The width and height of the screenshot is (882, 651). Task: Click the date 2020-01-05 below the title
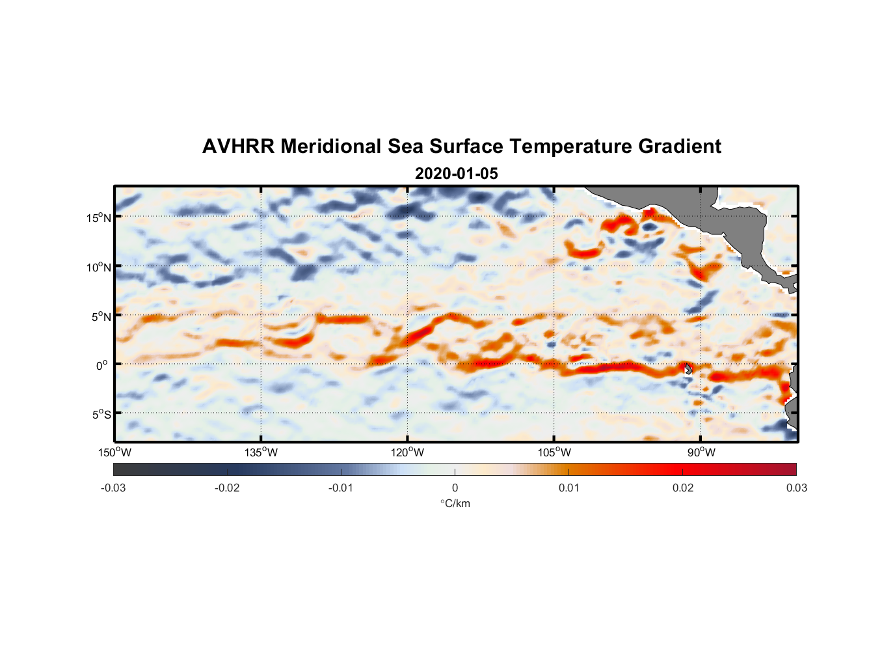(x=456, y=174)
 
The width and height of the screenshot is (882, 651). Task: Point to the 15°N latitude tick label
(x=99, y=217)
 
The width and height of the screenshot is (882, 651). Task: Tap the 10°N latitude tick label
(x=99, y=267)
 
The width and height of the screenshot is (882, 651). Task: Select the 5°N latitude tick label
(x=101, y=316)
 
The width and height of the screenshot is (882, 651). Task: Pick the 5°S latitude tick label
(x=101, y=415)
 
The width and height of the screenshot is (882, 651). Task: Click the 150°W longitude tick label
(x=115, y=452)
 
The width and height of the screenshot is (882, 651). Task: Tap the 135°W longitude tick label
(x=261, y=452)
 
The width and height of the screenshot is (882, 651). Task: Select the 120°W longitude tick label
(x=408, y=452)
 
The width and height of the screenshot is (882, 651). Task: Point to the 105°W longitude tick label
(x=554, y=452)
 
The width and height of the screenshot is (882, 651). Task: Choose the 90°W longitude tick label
(x=701, y=452)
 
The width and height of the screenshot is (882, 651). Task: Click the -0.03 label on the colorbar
(x=113, y=488)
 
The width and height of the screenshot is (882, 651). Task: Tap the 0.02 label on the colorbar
(x=683, y=488)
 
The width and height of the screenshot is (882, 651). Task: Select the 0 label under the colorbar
(x=455, y=488)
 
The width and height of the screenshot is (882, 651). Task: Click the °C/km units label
(x=455, y=503)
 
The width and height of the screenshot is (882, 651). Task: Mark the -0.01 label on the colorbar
(x=341, y=488)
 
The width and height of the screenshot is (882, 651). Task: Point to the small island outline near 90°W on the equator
(x=688, y=368)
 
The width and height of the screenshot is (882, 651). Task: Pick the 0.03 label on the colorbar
(x=796, y=488)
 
